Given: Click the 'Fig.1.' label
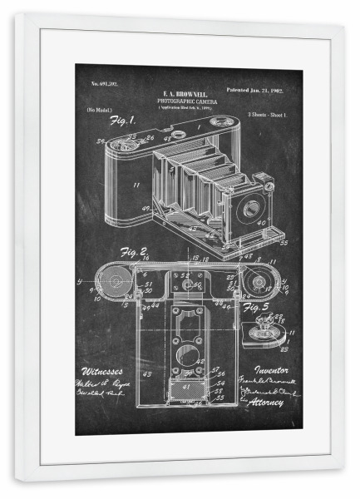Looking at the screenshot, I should [x=122, y=121].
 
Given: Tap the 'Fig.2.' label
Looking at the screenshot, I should [x=134, y=252].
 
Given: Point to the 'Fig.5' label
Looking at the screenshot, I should [x=254, y=307].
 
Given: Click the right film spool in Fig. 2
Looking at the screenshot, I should [x=259, y=284].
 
